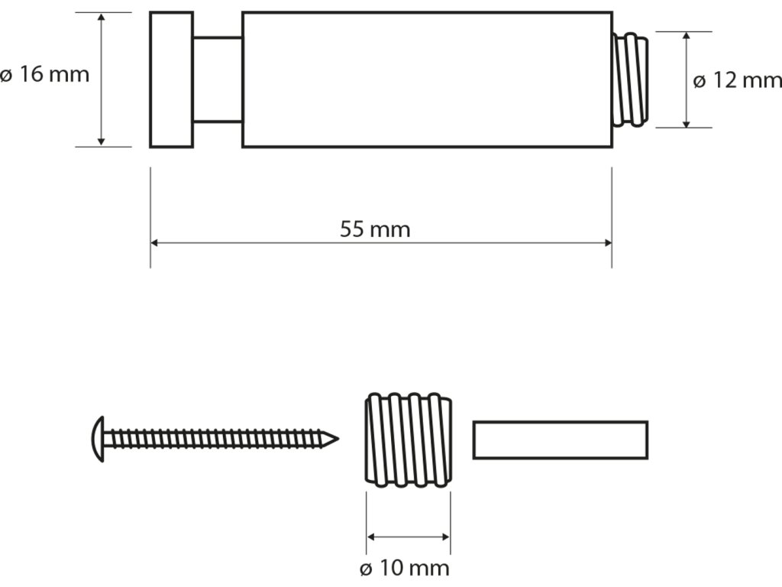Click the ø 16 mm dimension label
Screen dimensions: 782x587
coord(45,75)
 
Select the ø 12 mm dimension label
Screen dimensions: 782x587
coord(738,80)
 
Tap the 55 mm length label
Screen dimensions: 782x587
coord(374,230)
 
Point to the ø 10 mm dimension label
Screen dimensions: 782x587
coord(405,569)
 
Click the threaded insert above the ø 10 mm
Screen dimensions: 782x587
coord(409,439)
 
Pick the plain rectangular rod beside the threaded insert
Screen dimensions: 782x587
coord(560,439)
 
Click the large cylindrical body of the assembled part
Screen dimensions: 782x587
coord(426,79)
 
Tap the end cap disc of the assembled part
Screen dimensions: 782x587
coord(170,79)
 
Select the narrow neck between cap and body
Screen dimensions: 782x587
coord(216,79)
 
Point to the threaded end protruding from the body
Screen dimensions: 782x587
coord(631,79)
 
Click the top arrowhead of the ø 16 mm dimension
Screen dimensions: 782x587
coord(102,18)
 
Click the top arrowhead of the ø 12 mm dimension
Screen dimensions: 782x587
coord(687,37)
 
